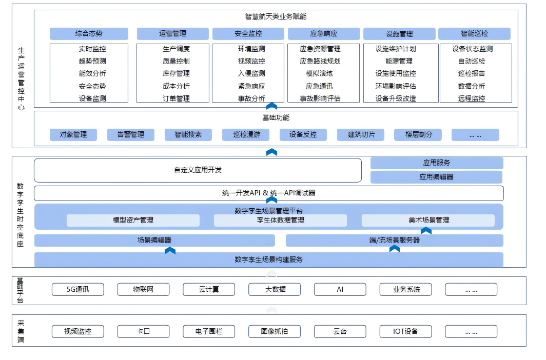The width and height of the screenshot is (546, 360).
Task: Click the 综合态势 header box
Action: [x=89, y=34]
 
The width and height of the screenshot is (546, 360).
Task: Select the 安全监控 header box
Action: [x=248, y=34]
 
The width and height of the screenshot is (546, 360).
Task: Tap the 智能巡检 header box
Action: [x=474, y=34]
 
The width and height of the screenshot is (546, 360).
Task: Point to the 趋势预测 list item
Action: [x=92, y=61]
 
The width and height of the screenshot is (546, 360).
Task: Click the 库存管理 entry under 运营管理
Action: [x=176, y=73]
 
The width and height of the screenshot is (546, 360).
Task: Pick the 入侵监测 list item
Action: [x=251, y=73]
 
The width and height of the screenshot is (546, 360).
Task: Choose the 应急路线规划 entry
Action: [x=320, y=61]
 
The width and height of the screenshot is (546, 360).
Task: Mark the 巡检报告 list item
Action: [x=472, y=73]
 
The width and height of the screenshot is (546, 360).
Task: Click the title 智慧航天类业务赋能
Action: [x=276, y=16]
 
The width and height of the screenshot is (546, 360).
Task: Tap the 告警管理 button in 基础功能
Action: [x=131, y=135]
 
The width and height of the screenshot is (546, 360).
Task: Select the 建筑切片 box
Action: [x=361, y=135]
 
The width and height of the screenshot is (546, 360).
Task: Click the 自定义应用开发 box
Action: [x=198, y=170]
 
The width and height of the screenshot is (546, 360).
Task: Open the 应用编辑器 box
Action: [x=436, y=177]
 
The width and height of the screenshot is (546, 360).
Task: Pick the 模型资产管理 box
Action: [x=133, y=221]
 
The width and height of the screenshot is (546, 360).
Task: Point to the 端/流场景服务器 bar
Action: [x=394, y=240]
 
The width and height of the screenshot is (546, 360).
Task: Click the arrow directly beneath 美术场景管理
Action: [x=426, y=231]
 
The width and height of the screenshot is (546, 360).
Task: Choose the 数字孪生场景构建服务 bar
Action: [x=268, y=259]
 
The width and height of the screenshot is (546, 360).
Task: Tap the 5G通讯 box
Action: [x=77, y=289]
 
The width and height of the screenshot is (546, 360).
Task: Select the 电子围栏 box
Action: [x=209, y=331]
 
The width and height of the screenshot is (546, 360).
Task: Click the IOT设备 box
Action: [x=405, y=331]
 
